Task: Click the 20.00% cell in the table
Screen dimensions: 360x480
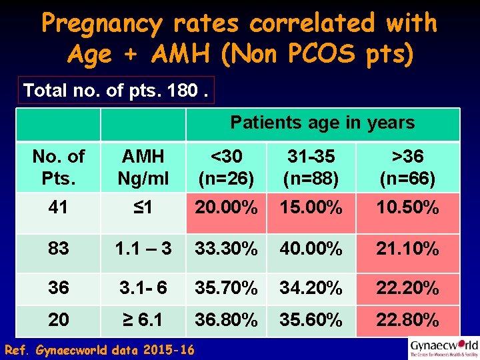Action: pyautogui.click(x=226, y=208)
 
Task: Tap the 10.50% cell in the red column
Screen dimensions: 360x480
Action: pyautogui.click(x=407, y=208)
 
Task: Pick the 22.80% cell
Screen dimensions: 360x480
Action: pyautogui.click(x=407, y=320)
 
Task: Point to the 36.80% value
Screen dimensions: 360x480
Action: pyautogui.click(x=226, y=320)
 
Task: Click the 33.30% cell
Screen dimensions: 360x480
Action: pyautogui.click(x=226, y=249)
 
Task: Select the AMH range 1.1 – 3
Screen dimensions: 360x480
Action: pyautogui.click(x=143, y=249)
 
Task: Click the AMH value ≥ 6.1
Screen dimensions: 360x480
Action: pyautogui.click(x=143, y=320)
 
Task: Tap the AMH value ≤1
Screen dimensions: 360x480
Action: pyautogui.click(x=143, y=208)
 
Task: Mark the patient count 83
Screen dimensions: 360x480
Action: pyautogui.click(x=58, y=249)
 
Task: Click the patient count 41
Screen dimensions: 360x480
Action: pyautogui.click(x=58, y=208)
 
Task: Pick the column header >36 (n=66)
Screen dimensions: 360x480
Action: pyautogui.click(x=407, y=167)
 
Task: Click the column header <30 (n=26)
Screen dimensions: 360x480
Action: pyautogui.click(x=226, y=167)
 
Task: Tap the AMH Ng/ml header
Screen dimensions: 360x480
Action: pyautogui.click(x=143, y=167)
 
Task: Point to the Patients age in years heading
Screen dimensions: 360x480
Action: pyautogui.click(x=322, y=123)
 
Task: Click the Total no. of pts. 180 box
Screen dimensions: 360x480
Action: pyautogui.click(x=116, y=90)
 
